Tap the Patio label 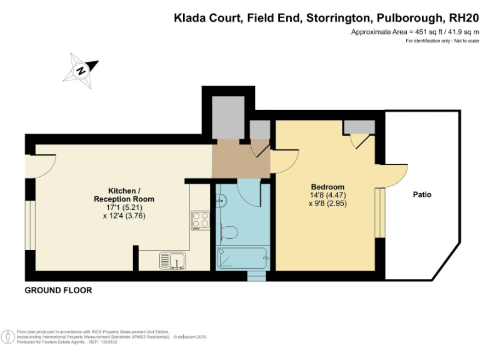(422, 194)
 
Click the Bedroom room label (327, 187)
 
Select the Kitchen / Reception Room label (124, 194)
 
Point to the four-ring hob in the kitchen (200, 219)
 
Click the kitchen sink (171, 259)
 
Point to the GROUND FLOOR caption (58, 290)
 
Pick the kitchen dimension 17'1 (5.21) (124, 207)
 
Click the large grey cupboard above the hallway (227, 117)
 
